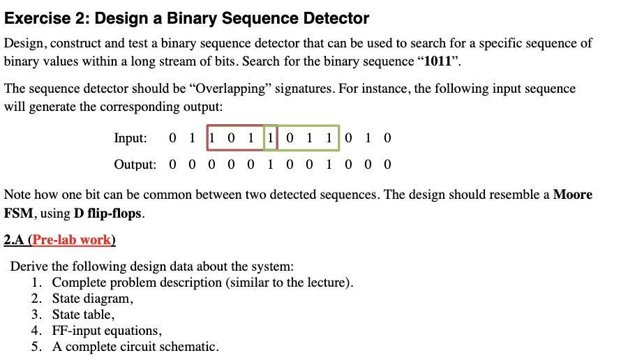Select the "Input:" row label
tap(130, 137)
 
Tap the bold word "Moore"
tap(572, 195)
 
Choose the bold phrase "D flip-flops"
tap(108, 213)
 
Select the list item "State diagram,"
tap(92, 299)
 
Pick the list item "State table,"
tap(83, 315)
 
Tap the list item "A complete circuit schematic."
tap(135, 347)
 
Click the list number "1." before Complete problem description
tap(37, 283)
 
